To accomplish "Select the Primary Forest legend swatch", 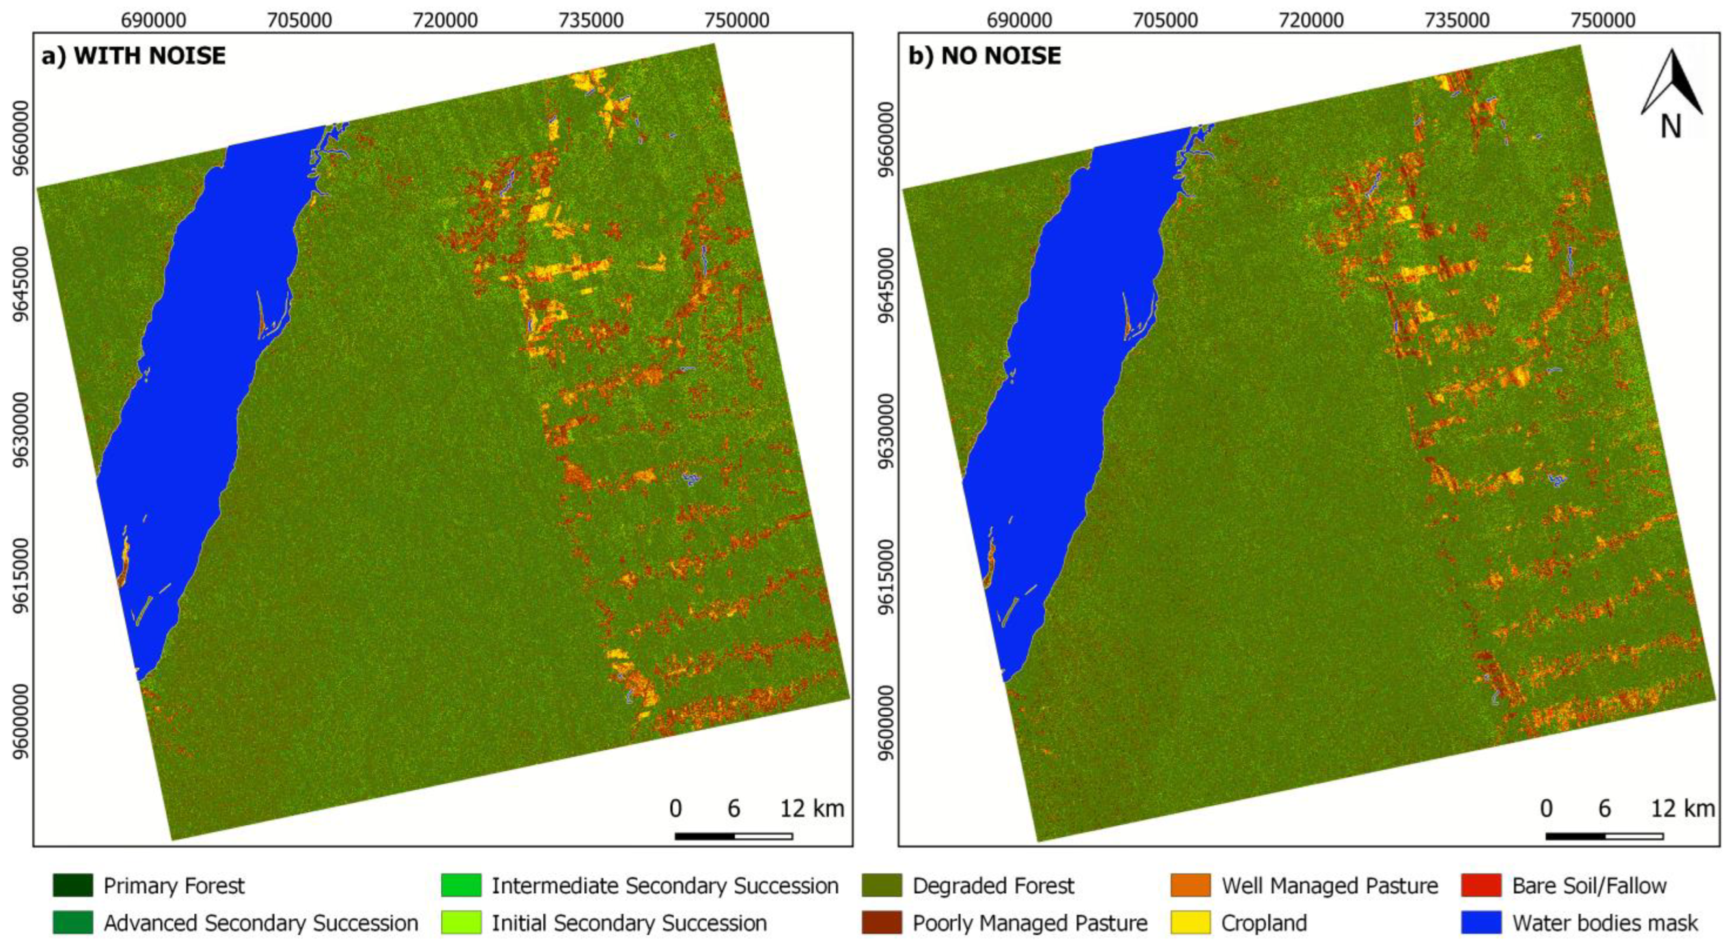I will tap(73, 885).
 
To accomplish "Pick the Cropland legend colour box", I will tap(1190, 922).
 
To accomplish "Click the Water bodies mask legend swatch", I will tap(1481, 922).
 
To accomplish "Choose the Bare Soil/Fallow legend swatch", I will tap(1481, 885).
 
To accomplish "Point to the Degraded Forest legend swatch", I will tap(881, 885).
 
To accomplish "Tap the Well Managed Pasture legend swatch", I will tap(1190, 885).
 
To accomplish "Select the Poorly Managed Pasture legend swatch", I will tap(881, 922).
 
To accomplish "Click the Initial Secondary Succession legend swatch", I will tap(461, 922).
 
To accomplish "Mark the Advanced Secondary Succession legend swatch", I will tap(73, 922).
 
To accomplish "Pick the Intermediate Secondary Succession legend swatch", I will tap(461, 885).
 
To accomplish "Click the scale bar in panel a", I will tap(733, 836).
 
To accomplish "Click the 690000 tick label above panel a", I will tap(153, 20).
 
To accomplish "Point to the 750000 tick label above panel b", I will tap(1603, 20).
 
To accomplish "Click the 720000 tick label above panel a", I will tap(446, 20).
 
